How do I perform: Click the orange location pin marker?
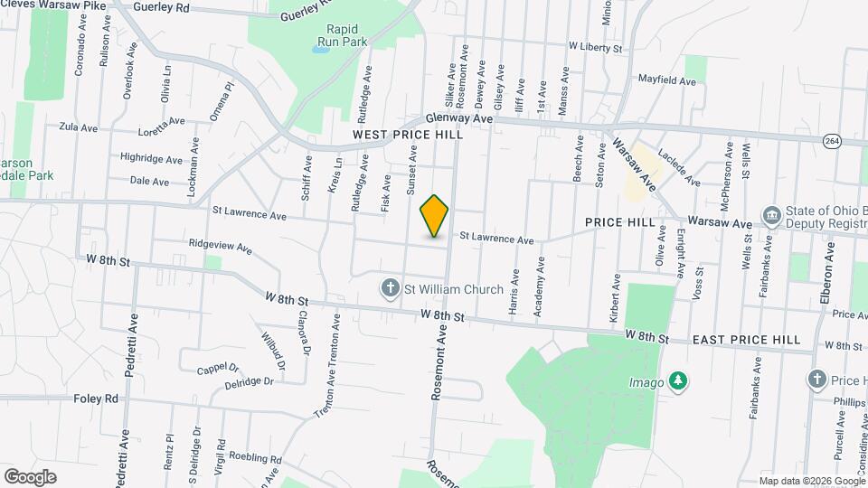point(434,215)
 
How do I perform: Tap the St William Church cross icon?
point(391,288)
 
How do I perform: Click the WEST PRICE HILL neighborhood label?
point(408,135)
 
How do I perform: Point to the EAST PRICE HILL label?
point(746,340)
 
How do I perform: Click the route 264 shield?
point(832,140)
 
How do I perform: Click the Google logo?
point(30,476)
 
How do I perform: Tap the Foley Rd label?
point(96,398)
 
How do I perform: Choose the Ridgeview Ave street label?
point(220,244)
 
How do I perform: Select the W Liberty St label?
point(596,46)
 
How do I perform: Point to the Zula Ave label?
point(78,127)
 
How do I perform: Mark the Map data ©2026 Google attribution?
point(811,481)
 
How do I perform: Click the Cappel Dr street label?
point(218,369)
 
